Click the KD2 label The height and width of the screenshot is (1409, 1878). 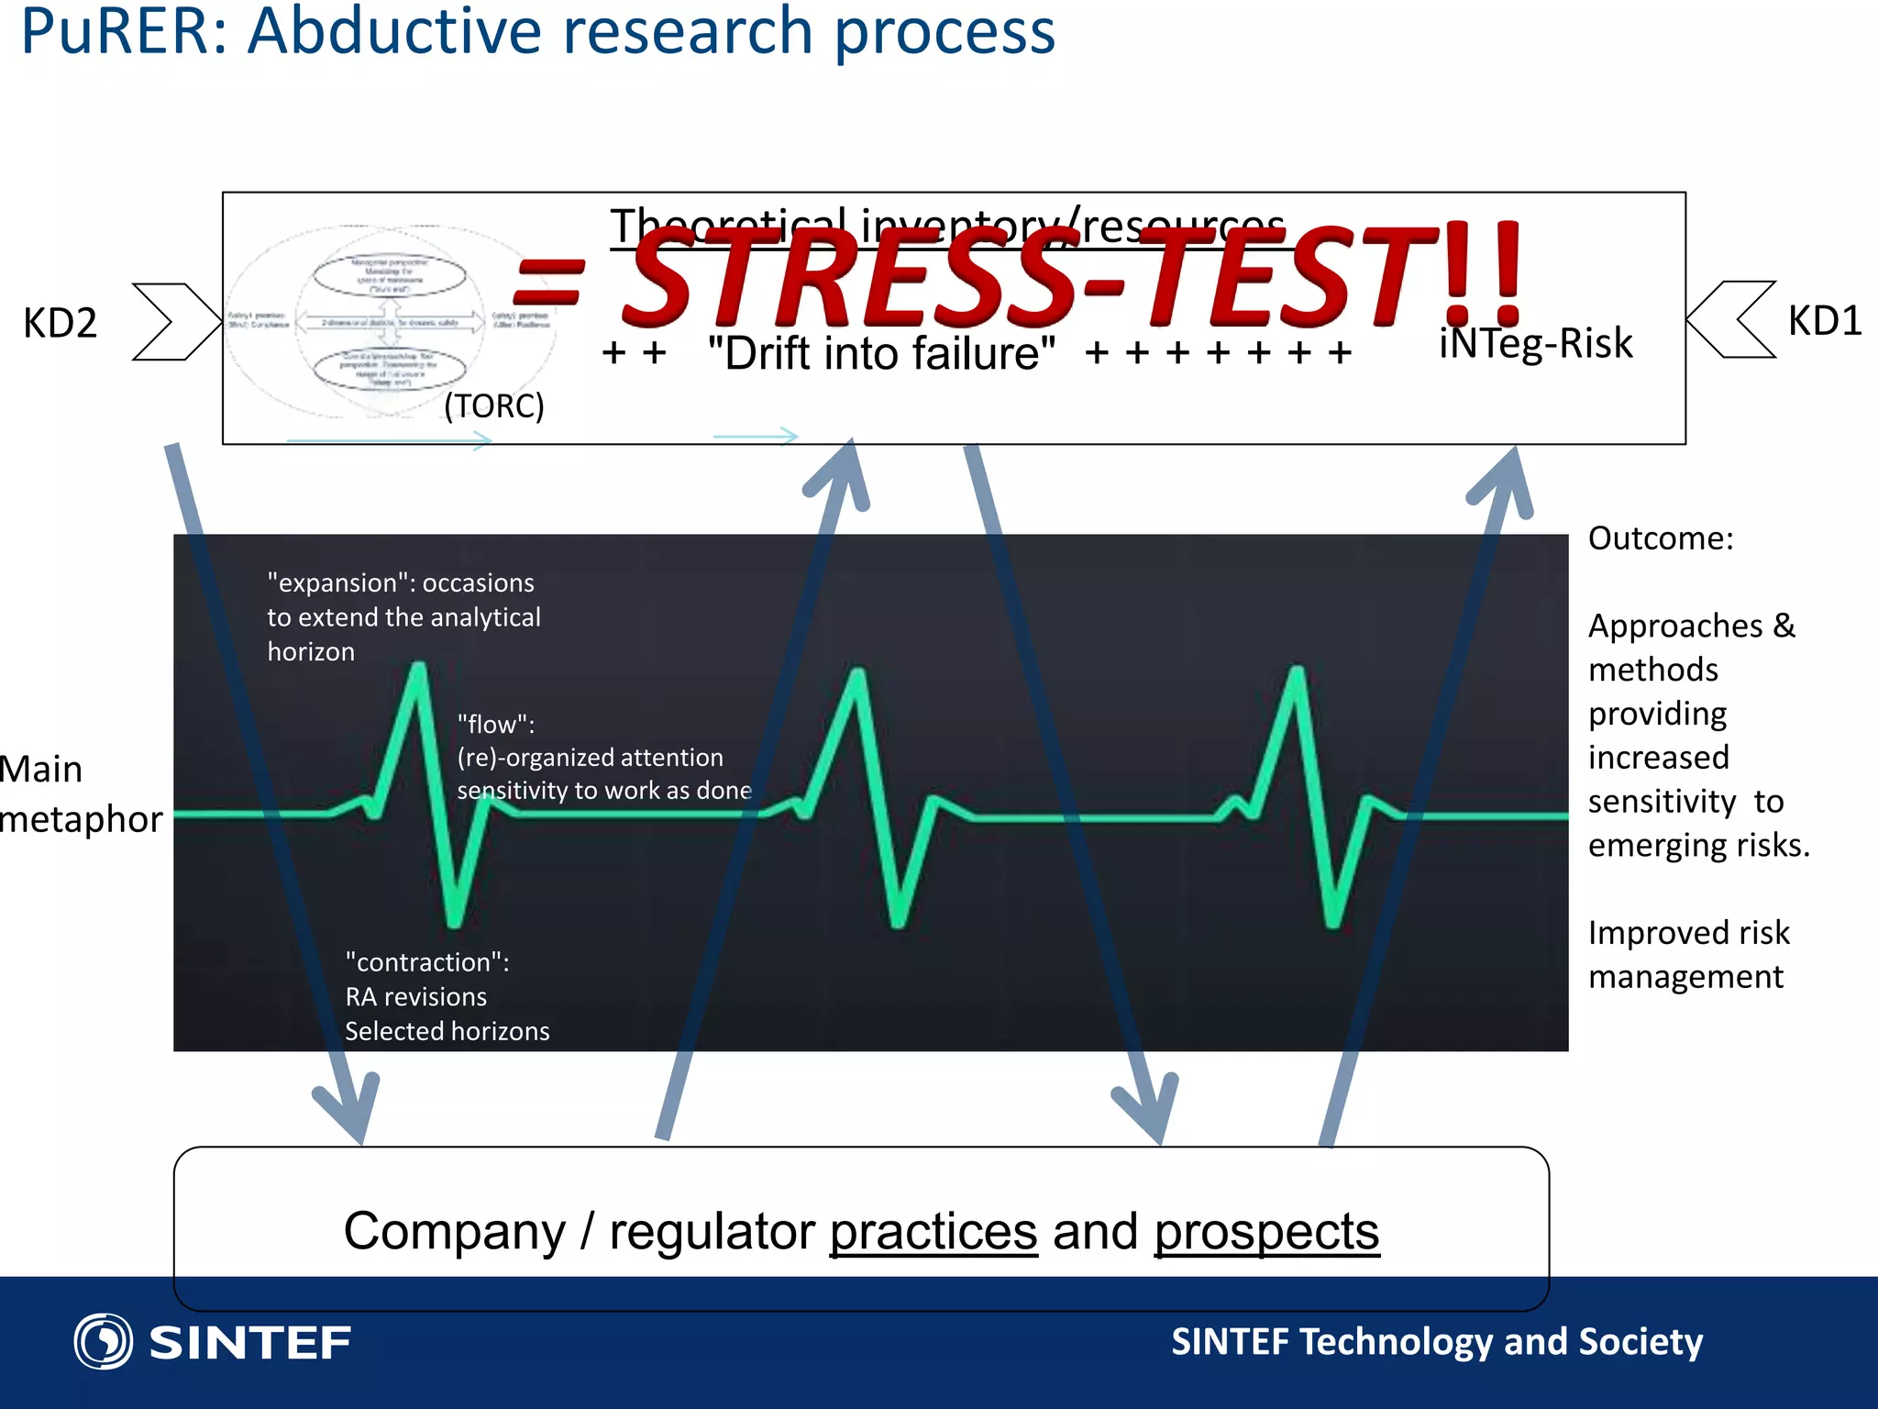pyautogui.click(x=60, y=323)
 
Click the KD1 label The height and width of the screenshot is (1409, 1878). pyautogui.click(x=1824, y=321)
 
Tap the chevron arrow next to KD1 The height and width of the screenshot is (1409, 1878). pyautogui.click(x=1732, y=319)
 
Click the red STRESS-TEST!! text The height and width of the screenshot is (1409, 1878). pyautogui.click(x=1018, y=277)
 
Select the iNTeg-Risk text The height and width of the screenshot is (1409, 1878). pyautogui.click(x=1535, y=343)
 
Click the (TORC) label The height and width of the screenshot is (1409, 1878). pyautogui.click(x=493, y=405)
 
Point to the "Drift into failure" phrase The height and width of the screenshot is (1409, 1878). pyautogui.click(x=881, y=353)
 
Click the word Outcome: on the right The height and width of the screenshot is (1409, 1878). pyautogui.click(x=1660, y=538)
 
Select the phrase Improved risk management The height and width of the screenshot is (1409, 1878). pyautogui.click(x=1687, y=954)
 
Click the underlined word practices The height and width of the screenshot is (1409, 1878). pyautogui.click(x=933, y=1231)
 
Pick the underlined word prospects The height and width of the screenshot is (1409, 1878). pyautogui.click(x=1266, y=1231)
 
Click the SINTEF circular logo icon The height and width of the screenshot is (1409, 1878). pyautogui.click(x=103, y=1341)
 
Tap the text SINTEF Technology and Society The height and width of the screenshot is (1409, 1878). pyautogui.click(x=1436, y=1341)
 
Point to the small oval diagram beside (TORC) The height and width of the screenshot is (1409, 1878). pyautogui.click(x=390, y=322)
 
